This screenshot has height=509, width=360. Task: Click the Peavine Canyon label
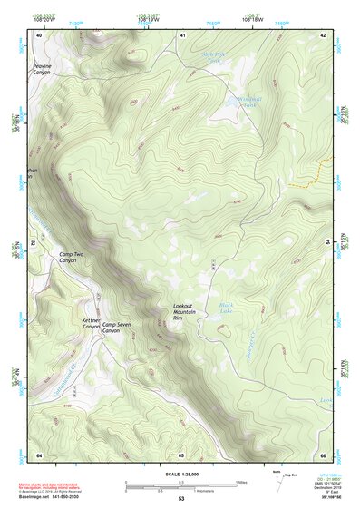[x=43, y=68]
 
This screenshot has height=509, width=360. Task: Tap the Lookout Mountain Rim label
[x=183, y=311]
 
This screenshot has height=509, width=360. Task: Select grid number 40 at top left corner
[x=39, y=34]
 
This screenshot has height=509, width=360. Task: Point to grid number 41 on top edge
[x=182, y=34]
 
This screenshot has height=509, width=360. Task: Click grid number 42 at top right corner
[x=323, y=34]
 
